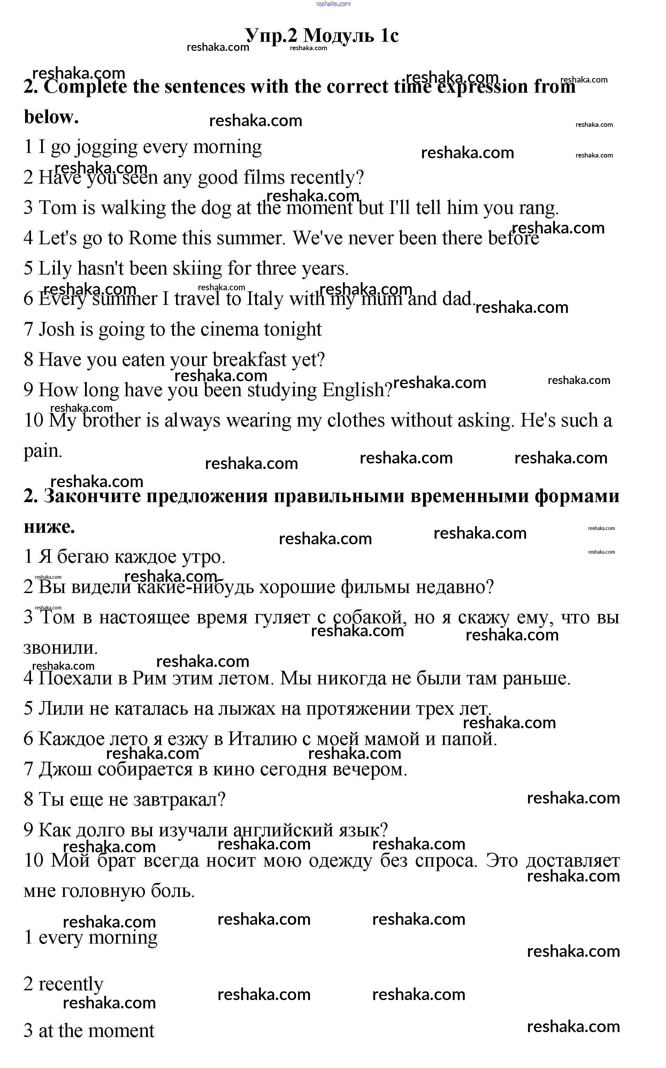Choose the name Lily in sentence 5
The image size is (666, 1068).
[55, 269]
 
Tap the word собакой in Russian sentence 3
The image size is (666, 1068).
[369, 617]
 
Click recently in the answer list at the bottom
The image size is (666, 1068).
[71, 984]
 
